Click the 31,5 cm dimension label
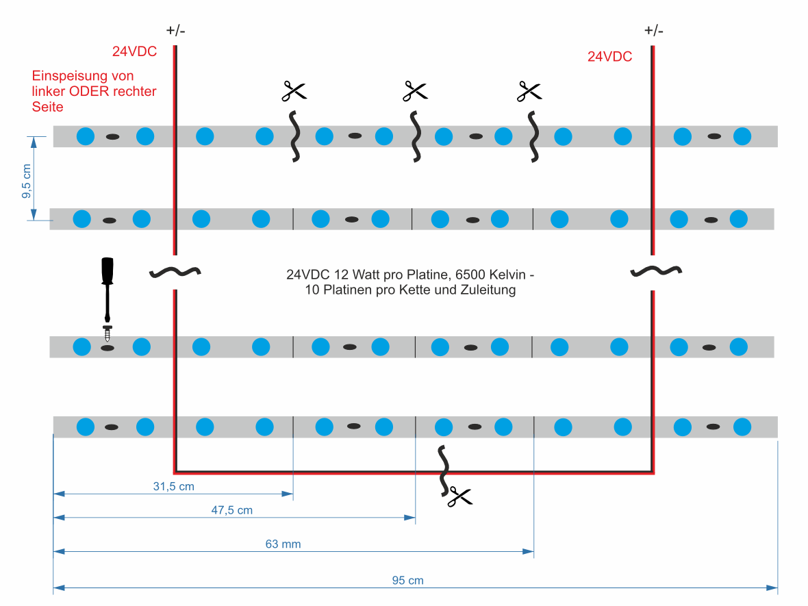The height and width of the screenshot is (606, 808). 174,486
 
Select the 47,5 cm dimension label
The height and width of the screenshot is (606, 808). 232,510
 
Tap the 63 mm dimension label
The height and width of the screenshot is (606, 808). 283,544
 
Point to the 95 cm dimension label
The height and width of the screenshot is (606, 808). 407,580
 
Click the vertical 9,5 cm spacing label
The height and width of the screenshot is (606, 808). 27,181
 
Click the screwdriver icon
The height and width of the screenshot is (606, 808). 108,290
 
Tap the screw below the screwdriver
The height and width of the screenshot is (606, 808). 108,333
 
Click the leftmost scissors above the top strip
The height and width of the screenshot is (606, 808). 294,91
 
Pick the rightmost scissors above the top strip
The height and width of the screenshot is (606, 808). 529,92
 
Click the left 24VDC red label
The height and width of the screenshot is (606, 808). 134,51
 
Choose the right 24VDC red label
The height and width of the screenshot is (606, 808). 609,57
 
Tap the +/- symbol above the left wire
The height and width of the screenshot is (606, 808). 175,31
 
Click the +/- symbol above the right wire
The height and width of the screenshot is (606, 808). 653,31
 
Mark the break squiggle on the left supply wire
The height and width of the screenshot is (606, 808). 175,272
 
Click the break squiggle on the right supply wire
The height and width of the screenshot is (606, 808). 656,271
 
